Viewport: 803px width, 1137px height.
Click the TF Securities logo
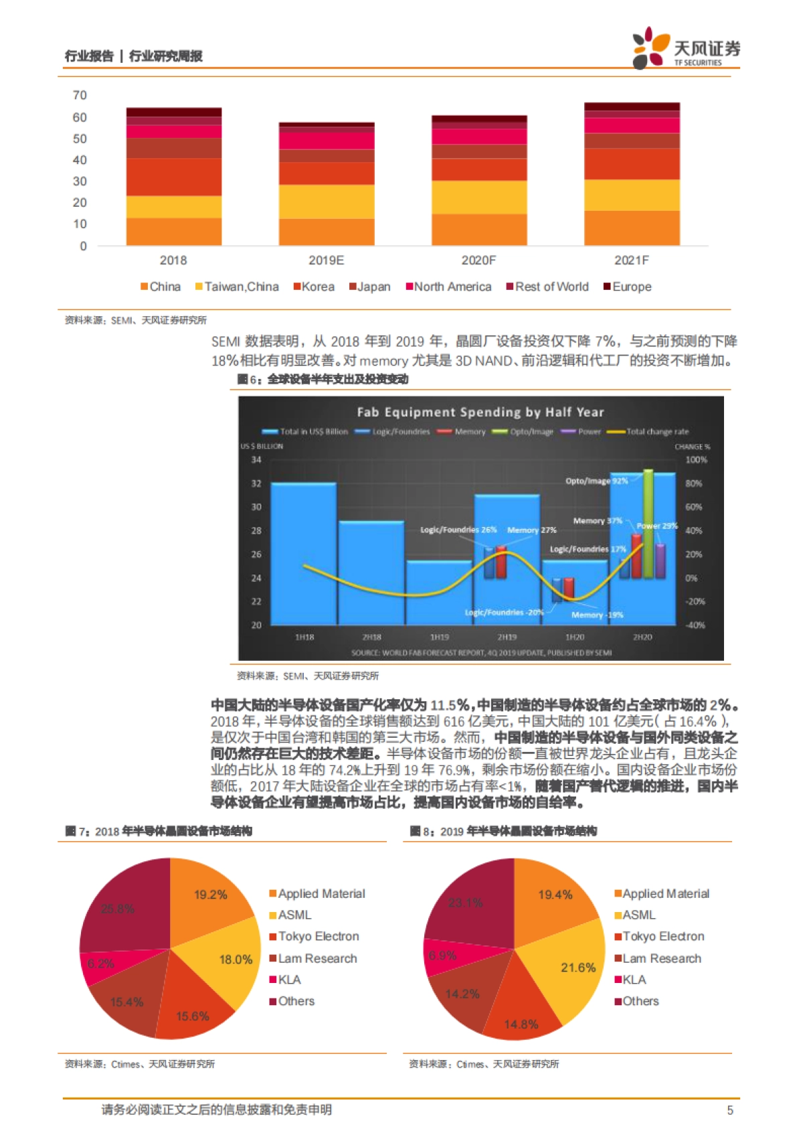(x=686, y=48)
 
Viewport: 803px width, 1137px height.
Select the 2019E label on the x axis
(x=326, y=260)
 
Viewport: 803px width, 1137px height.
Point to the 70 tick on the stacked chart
(x=80, y=95)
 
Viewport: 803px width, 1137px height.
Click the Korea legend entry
(x=314, y=287)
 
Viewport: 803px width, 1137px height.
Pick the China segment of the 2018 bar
(x=174, y=231)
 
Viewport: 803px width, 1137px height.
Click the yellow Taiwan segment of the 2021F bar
(x=632, y=195)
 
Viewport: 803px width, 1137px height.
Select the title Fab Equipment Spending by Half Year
(x=480, y=412)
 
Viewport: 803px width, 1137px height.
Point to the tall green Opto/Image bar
(x=648, y=522)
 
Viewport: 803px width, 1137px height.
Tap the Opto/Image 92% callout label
(x=596, y=481)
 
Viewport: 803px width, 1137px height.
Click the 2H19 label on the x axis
(x=507, y=637)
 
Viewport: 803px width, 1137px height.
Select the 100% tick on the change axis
(x=696, y=460)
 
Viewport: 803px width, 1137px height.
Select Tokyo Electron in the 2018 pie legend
(x=318, y=936)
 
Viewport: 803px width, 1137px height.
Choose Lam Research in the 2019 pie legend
(x=661, y=958)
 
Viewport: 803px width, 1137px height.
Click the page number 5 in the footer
(x=730, y=1110)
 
